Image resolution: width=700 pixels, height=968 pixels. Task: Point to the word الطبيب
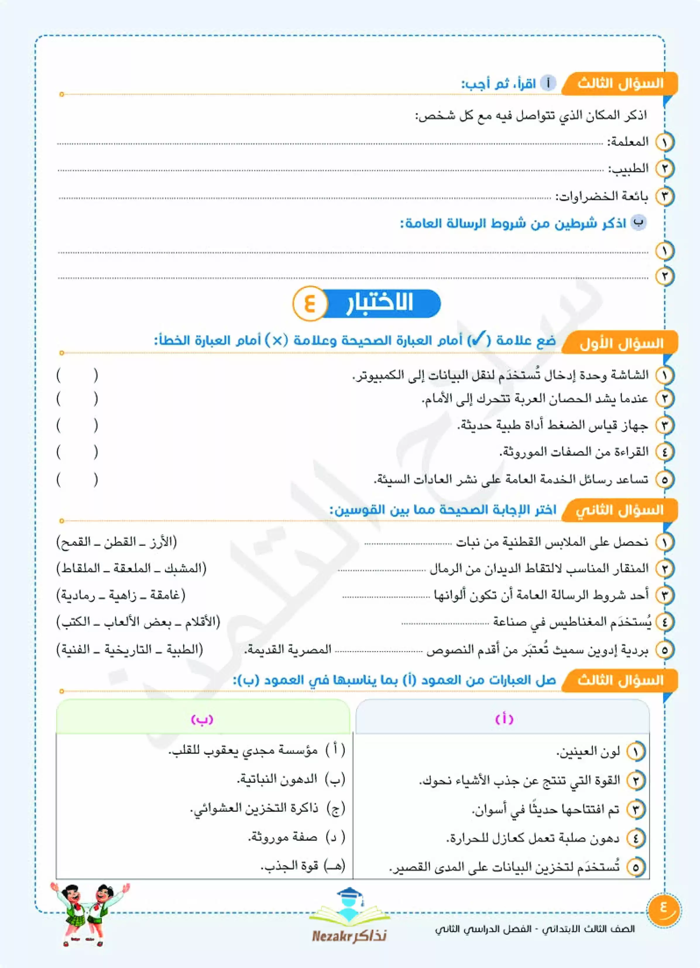(628, 169)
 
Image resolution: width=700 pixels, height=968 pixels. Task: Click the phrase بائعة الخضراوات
(602, 196)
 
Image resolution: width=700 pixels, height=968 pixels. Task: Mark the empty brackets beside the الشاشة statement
(77, 376)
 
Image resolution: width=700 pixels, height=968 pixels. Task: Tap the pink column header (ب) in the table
(202, 720)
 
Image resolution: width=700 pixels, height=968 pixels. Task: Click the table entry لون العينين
(588, 752)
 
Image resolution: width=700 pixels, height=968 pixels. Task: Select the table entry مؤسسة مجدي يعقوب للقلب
(243, 750)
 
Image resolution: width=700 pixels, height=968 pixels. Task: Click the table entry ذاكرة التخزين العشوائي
(254, 808)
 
